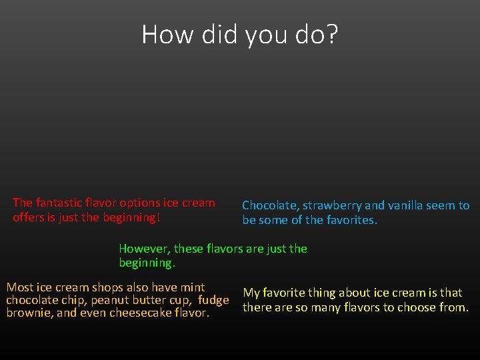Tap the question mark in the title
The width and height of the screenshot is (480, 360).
332,35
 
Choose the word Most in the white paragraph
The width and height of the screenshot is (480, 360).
19,287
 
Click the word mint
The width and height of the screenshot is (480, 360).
192,287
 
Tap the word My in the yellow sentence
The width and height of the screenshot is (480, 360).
251,293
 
